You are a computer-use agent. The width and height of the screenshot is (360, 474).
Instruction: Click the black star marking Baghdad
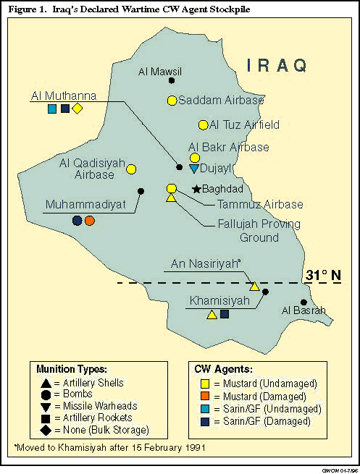[x=196, y=190]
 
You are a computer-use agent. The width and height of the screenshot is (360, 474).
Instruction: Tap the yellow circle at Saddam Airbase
[x=172, y=101]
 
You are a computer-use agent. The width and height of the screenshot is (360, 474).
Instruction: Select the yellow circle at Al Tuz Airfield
[x=204, y=124]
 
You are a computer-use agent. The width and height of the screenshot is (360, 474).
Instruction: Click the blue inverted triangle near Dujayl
[x=193, y=168]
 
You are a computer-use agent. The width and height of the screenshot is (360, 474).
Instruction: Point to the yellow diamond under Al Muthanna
[x=78, y=109]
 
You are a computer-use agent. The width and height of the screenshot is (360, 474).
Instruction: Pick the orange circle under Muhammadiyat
[x=90, y=221]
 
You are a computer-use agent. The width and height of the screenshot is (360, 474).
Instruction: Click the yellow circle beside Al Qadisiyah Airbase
[x=132, y=169]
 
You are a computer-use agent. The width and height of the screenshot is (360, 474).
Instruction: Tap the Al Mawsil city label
[x=160, y=72]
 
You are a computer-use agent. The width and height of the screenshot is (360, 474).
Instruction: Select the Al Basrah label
[x=303, y=311]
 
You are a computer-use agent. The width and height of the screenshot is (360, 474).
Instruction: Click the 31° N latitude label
[x=322, y=276]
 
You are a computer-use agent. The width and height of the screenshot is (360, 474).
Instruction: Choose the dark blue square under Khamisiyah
[x=225, y=314]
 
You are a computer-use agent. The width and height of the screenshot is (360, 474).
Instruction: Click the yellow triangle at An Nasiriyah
[x=254, y=287]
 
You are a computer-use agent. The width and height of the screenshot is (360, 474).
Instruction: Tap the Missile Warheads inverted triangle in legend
[x=46, y=407]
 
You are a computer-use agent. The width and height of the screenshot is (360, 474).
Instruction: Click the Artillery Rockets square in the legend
[x=46, y=418]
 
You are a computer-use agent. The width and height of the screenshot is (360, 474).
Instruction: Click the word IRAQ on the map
[x=277, y=66]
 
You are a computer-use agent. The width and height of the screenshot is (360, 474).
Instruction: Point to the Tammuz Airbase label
[x=251, y=205]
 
